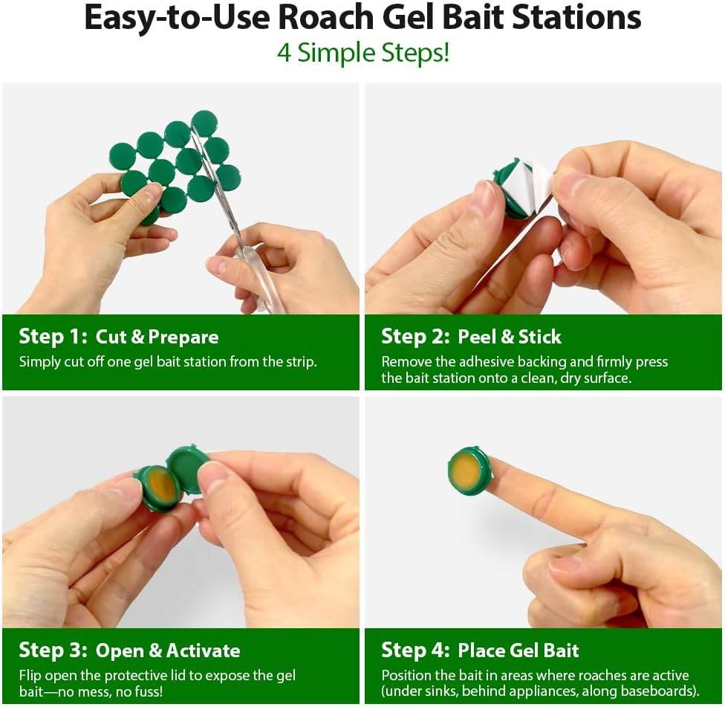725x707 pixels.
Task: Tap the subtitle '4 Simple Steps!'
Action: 362,54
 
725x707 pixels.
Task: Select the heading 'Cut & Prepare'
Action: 157,337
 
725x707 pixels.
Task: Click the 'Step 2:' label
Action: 414,337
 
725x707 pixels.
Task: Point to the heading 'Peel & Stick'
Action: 509,337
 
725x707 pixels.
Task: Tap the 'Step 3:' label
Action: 52,650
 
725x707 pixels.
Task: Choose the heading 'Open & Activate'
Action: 167,650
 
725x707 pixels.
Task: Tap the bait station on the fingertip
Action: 469,471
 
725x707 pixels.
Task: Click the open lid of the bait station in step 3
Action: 187,468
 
